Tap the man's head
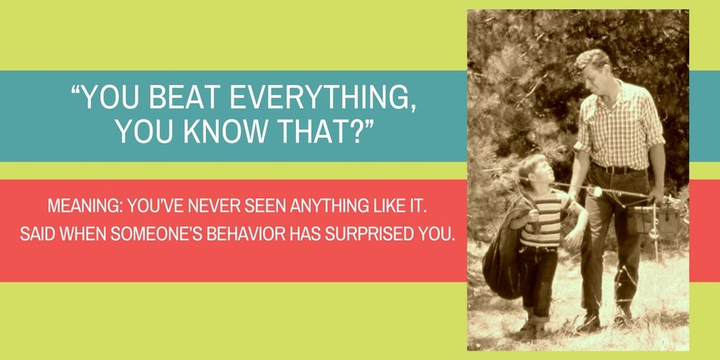[x=592, y=70]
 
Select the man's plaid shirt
[x=619, y=124]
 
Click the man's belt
[x=618, y=169]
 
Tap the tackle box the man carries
[x=652, y=219]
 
